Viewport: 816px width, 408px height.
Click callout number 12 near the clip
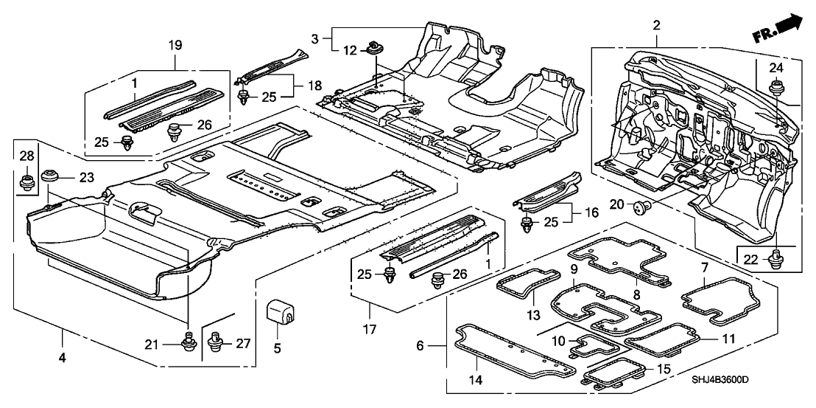point(350,50)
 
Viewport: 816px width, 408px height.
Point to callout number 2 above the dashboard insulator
point(655,26)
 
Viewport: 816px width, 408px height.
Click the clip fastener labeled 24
point(775,91)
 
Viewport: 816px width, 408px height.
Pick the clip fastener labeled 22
point(775,258)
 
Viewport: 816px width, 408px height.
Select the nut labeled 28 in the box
point(27,179)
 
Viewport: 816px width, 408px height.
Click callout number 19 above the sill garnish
point(175,44)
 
